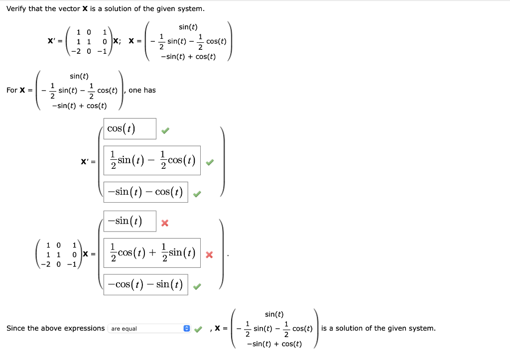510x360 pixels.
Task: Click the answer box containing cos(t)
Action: click(130, 129)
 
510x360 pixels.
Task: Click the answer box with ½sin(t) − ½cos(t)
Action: click(152, 160)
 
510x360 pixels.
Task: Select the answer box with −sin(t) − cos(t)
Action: click(145, 192)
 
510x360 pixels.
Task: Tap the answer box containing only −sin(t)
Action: click(130, 221)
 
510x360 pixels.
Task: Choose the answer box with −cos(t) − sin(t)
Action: click(145, 285)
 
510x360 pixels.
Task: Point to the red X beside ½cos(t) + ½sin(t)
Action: click(209, 255)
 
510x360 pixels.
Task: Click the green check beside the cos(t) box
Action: click(165, 131)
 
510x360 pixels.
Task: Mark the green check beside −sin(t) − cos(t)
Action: click(197, 194)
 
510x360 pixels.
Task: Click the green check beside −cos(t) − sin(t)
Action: click(197, 287)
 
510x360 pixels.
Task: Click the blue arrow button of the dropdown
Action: click(187, 329)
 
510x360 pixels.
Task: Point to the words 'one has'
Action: click(142, 90)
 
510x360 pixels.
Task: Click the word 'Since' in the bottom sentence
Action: click(16, 328)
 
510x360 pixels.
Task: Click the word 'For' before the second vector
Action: click(12, 90)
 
